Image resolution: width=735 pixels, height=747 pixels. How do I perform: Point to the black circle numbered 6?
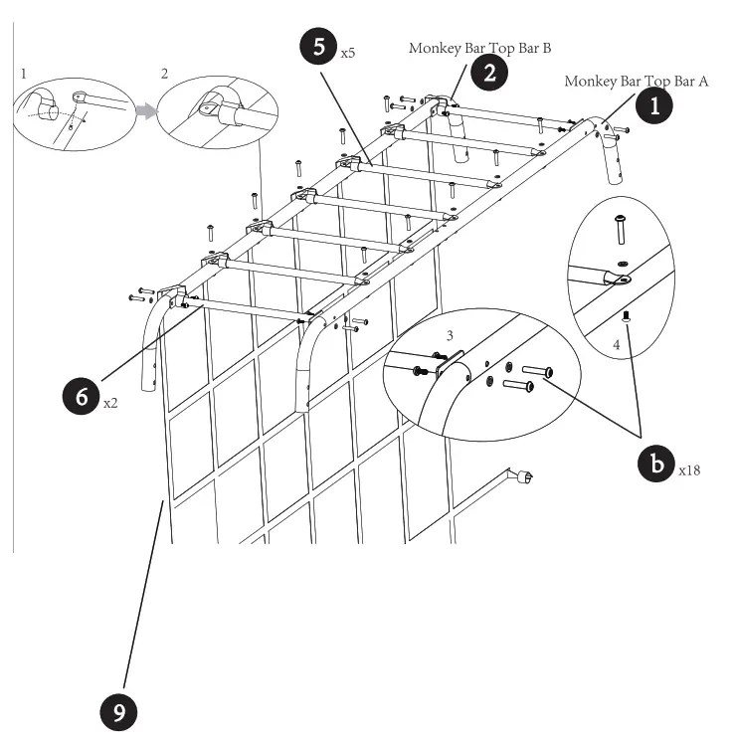(x=81, y=396)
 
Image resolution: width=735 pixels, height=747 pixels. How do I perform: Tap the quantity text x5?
(x=347, y=53)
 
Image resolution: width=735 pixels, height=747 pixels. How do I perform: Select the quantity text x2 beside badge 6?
(x=110, y=405)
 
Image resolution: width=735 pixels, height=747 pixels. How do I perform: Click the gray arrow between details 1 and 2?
(x=147, y=111)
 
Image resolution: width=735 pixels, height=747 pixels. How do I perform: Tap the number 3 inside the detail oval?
(x=450, y=337)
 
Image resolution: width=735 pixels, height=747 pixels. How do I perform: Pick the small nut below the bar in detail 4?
(x=624, y=316)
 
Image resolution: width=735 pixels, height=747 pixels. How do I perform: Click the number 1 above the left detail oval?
(x=21, y=74)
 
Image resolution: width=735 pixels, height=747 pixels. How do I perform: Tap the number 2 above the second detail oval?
(x=164, y=74)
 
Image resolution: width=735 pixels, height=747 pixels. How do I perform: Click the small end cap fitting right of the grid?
(x=519, y=478)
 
